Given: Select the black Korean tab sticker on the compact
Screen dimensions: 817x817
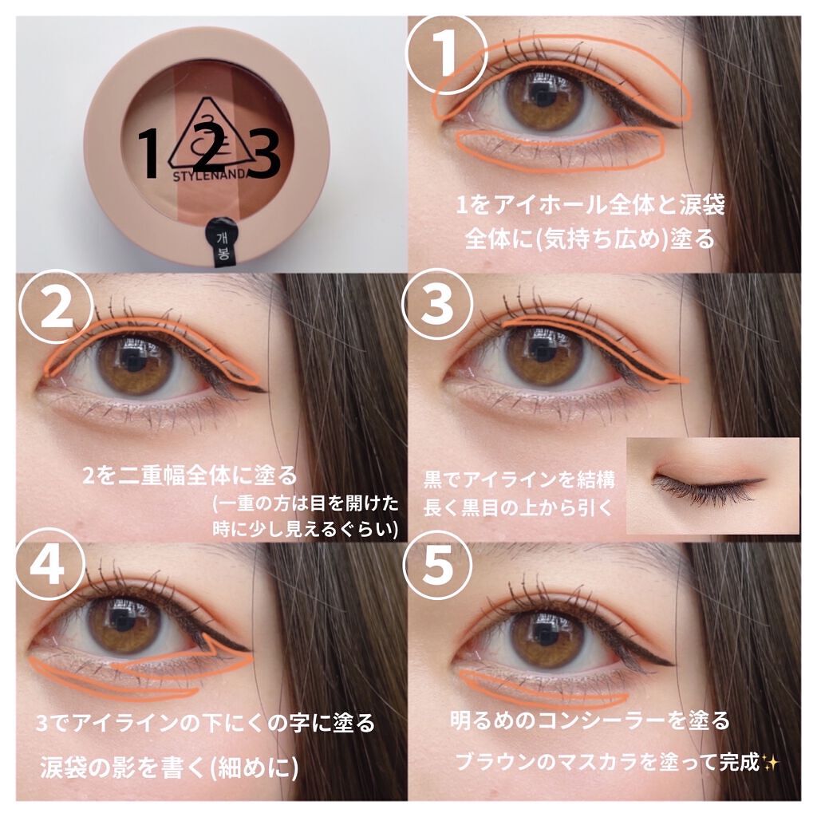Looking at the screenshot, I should click(x=219, y=241).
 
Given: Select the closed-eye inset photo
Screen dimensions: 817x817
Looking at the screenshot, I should click(x=713, y=484).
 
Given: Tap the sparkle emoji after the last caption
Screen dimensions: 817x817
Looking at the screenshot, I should click(x=771, y=761).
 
